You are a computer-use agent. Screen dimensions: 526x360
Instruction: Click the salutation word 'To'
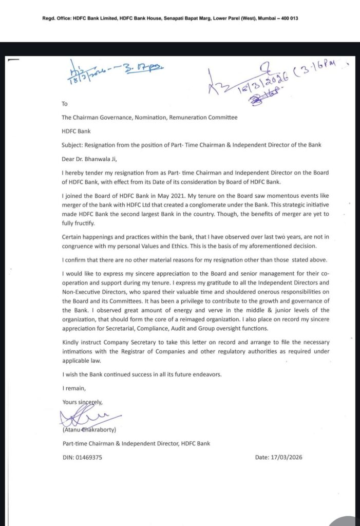(x=65, y=103)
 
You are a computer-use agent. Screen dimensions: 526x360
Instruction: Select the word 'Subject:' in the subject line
(x=72, y=145)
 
